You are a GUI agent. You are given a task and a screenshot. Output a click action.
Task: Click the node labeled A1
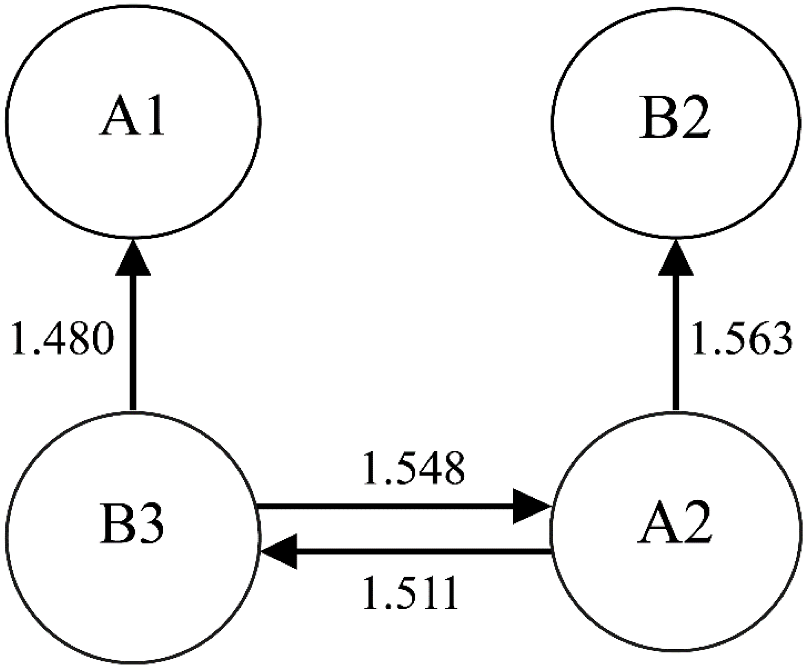pos(133,122)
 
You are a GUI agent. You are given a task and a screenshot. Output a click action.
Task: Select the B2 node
pos(675,122)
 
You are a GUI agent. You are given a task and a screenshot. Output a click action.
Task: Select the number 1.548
pos(413,469)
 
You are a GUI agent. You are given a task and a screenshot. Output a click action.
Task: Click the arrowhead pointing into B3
pos(279,552)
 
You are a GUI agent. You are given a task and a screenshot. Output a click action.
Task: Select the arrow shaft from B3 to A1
pos(133,342)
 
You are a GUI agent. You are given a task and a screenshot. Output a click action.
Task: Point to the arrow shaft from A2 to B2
pos(676,342)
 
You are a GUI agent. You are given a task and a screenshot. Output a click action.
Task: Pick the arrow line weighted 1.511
pos(424,552)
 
